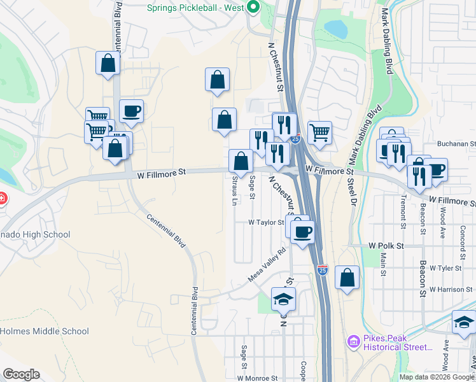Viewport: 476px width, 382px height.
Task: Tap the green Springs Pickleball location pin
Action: (253, 8)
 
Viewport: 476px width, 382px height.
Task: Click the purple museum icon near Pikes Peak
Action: (353, 343)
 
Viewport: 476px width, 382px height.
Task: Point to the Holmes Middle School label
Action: (45, 331)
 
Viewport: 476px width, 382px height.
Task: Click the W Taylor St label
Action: (265, 222)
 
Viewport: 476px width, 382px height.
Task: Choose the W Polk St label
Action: (386, 246)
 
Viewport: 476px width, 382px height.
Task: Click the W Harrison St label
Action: (454, 289)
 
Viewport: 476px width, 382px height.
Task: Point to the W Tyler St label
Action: (445, 268)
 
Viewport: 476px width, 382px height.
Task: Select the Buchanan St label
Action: (456, 144)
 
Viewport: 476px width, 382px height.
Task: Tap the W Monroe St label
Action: (257, 378)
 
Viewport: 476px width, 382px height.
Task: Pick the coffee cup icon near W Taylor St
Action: (303, 230)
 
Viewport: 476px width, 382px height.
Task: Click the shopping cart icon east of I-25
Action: (319, 132)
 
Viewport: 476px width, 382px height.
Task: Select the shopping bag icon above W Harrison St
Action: (347, 278)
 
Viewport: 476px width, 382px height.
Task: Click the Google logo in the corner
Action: (21, 374)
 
